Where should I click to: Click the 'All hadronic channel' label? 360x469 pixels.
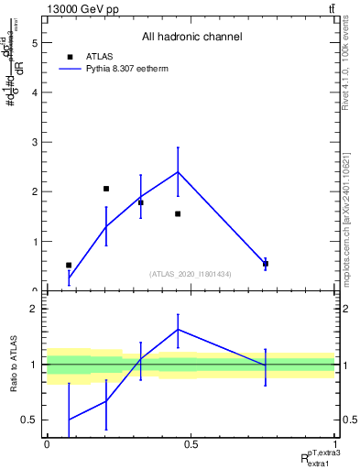[x=191, y=38]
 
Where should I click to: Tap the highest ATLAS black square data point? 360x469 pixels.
[x=106, y=189]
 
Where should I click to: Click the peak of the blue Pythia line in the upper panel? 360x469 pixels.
[x=178, y=171]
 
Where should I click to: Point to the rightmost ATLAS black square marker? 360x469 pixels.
[x=266, y=264]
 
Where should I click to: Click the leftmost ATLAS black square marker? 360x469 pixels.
[x=69, y=265]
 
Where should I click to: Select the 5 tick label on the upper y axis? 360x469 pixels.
[x=34, y=43]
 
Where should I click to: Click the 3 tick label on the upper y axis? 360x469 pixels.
[x=34, y=143]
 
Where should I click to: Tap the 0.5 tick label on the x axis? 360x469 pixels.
[x=191, y=443]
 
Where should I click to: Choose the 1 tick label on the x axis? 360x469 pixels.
[x=334, y=443]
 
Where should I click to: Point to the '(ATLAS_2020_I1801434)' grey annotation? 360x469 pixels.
[x=191, y=274]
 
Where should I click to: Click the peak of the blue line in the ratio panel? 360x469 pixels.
[x=178, y=329]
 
